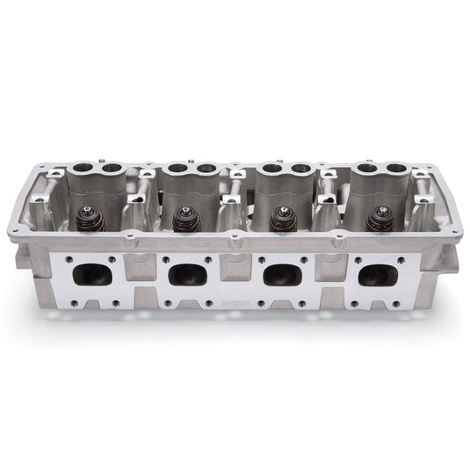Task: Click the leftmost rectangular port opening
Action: [x=92, y=274]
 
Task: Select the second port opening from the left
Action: [x=187, y=274]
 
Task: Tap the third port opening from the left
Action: [x=282, y=274]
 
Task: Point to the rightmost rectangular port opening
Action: [x=377, y=274]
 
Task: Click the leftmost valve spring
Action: [x=90, y=219]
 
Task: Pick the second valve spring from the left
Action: [x=185, y=219]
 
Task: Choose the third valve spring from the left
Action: [x=281, y=219]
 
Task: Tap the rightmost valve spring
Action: [x=379, y=219]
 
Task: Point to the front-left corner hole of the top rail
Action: [x=16, y=230]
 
